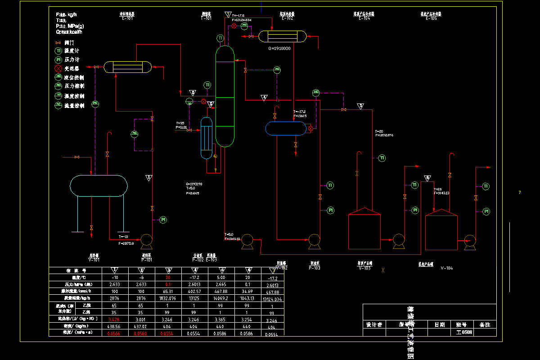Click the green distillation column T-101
coord(225,97)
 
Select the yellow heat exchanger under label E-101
coord(128,67)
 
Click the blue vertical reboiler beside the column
coord(206,138)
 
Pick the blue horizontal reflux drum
coord(286,129)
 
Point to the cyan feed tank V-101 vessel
coord(99,185)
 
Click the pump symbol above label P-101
coord(147,240)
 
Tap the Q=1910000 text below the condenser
coord(279,49)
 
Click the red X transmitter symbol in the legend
coord(58,69)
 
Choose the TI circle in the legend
coord(58,51)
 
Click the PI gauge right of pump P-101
coord(163,220)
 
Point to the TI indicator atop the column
coord(220,38)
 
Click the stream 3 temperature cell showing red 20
coord(168,278)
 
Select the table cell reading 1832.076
coord(168,298)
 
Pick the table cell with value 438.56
coord(115,325)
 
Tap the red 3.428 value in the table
coord(115,319)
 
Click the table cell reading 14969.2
coord(222,298)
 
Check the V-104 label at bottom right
coord(447,268)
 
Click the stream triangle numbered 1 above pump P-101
coord(149,178)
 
